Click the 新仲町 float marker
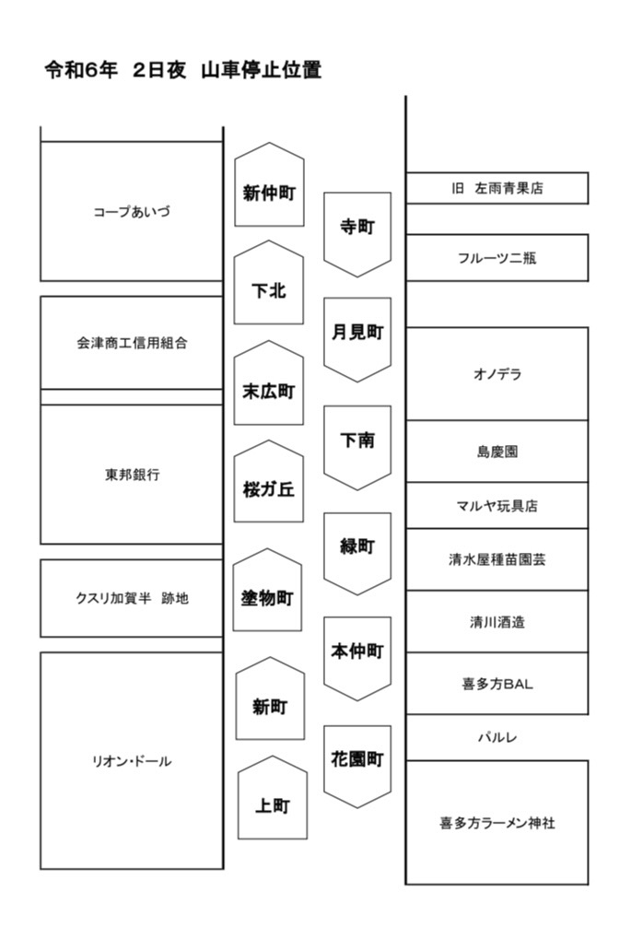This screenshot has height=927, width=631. coord(269,184)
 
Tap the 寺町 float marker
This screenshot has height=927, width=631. coord(357,234)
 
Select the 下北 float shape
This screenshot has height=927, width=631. coord(269,283)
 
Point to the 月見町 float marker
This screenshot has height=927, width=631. coord(357,339)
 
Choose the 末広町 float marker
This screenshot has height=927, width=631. coord(269,382)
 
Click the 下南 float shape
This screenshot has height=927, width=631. coord(357,448)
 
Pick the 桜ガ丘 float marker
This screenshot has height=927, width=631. coord(269,481)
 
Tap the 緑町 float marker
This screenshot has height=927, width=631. coord(357,554)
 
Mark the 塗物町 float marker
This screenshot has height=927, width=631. coord(268,590)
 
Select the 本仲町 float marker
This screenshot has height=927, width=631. coord(357,659)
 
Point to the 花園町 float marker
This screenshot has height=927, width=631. coord(357,767)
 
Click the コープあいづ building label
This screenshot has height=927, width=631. coord(132,212)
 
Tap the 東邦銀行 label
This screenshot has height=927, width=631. coord(132,475)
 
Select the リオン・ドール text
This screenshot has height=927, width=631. coord(132,761)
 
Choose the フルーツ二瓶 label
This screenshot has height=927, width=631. coord(497,258)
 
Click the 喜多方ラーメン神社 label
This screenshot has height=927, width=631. coord(497,822)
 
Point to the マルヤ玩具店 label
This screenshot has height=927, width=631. coord(497,506)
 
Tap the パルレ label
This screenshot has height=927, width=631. coord(497,737)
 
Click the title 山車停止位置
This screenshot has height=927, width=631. coord(261,70)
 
